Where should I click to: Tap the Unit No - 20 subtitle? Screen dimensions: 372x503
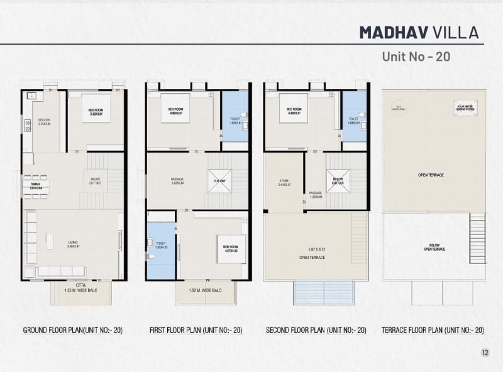pyautogui.click(x=416, y=57)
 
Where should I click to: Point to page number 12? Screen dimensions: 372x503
pyautogui.click(x=484, y=353)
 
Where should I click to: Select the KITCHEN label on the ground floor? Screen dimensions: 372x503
pyautogui.click(x=44, y=122)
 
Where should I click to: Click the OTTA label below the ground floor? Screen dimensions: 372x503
pyautogui.click(x=81, y=285)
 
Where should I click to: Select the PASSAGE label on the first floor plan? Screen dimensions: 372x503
pyautogui.click(x=177, y=180)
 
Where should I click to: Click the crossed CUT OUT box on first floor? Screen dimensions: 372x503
pyautogui.click(x=219, y=181)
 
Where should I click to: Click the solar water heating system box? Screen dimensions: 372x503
pyautogui.click(x=465, y=107)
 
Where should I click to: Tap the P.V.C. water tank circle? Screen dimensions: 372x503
pyautogui.click(x=397, y=107)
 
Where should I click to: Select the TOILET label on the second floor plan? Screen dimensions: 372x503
pyautogui.click(x=353, y=121)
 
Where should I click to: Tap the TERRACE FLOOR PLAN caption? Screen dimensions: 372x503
pyautogui.click(x=433, y=330)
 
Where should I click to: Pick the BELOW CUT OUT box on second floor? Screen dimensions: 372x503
pyautogui.click(x=338, y=181)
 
